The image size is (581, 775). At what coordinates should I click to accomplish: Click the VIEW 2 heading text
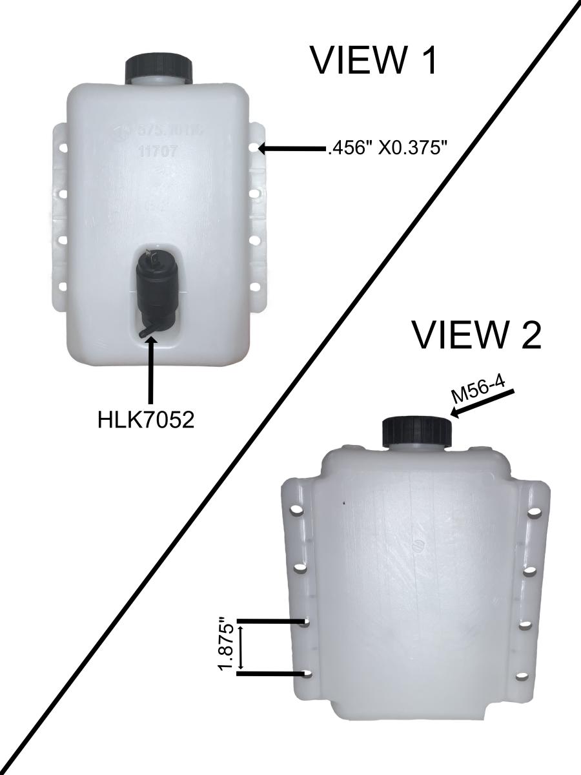coord(476,335)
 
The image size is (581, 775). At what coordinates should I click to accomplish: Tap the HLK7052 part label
coord(146,419)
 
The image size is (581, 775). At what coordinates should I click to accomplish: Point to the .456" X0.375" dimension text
coord(388,149)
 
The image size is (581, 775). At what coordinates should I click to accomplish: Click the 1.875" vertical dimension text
coord(226,646)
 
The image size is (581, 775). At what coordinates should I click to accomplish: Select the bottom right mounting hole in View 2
coord(522,677)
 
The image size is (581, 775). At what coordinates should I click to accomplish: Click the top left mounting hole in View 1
coord(63,148)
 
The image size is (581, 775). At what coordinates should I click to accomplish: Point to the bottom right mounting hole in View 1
coord(254,285)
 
